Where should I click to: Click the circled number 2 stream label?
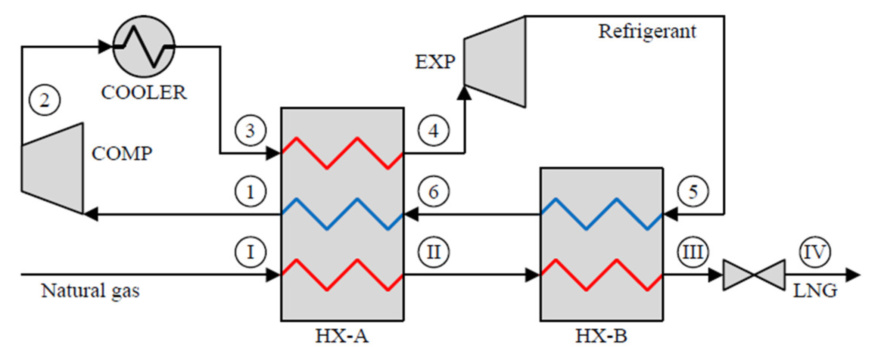pyautogui.click(x=45, y=100)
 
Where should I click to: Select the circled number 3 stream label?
pyautogui.click(x=250, y=131)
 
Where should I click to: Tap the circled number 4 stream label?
pyautogui.click(x=433, y=131)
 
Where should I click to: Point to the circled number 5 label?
pyautogui.click(x=693, y=192)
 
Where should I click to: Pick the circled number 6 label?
pyautogui.click(x=433, y=192)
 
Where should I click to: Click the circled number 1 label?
pyautogui.click(x=250, y=192)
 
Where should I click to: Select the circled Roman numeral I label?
pyautogui.click(x=250, y=252)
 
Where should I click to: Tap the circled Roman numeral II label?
pyautogui.click(x=433, y=252)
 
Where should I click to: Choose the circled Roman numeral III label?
pyautogui.click(x=693, y=252)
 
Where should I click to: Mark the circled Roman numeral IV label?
pyautogui.click(x=815, y=252)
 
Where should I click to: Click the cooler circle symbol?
pyautogui.click(x=144, y=47)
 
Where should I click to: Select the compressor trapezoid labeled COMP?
pyautogui.click(x=53, y=168)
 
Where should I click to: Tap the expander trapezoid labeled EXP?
pyautogui.click(x=495, y=62)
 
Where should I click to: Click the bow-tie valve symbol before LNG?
pyautogui.click(x=754, y=275)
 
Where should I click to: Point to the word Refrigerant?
pyautogui.click(x=647, y=31)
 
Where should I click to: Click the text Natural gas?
pyautogui.click(x=90, y=291)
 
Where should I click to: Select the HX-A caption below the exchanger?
pyautogui.click(x=342, y=336)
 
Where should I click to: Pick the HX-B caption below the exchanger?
pyautogui.click(x=601, y=336)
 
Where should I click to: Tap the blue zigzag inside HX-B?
pyautogui.click(x=601, y=214)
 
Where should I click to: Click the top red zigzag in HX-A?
pyautogui.click(x=342, y=153)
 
